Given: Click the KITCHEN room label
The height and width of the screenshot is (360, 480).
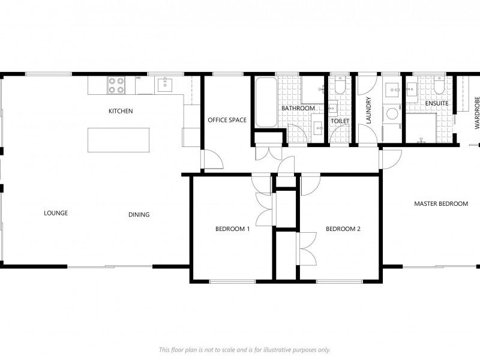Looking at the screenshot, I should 121,111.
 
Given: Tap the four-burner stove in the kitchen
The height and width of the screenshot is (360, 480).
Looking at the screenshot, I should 116,86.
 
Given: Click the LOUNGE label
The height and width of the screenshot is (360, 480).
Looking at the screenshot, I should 56,213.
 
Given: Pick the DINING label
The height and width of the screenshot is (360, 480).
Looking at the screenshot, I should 139,215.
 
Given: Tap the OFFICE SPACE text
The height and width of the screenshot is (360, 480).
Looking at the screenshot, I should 227,120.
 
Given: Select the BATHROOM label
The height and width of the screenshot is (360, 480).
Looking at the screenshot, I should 298,109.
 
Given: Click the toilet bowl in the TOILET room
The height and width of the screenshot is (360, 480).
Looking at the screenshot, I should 340,88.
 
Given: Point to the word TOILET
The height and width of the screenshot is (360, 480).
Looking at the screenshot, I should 340,121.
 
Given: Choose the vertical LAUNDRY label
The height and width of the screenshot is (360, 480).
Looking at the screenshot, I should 369,110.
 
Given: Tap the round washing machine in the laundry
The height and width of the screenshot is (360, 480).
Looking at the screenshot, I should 392,113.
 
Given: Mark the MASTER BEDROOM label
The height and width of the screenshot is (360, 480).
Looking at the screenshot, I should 441,204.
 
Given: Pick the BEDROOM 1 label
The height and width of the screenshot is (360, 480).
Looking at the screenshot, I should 232,229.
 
